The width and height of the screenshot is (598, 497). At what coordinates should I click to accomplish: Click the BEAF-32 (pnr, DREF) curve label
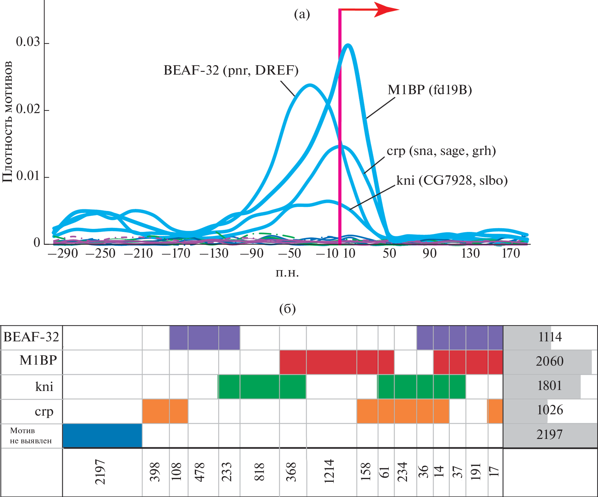pyautogui.click(x=231, y=70)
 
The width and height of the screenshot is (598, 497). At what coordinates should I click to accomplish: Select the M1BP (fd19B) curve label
pyautogui.click(x=430, y=90)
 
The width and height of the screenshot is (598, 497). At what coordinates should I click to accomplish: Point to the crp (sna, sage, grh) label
pyautogui.click(x=441, y=151)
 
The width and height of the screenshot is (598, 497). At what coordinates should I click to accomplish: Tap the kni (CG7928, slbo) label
pyautogui.click(x=452, y=180)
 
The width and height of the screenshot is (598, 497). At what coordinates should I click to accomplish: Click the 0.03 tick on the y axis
pyautogui.click(x=28, y=42)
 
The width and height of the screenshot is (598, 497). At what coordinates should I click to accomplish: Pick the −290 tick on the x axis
pyautogui.click(x=63, y=253)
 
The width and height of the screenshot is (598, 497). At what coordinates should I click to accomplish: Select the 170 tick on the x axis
pyautogui.click(x=511, y=253)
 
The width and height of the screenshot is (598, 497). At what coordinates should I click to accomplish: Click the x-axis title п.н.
pyautogui.click(x=287, y=272)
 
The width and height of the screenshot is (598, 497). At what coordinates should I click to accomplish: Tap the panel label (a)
pyautogui.click(x=302, y=14)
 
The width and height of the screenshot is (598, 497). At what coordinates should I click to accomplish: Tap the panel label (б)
pyautogui.click(x=287, y=309)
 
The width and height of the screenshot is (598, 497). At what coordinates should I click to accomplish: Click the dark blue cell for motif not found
pyautogui.click(x=102, y=436)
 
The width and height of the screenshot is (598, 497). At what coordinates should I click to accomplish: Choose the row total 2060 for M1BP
pyautogui.click(x=549, y=361)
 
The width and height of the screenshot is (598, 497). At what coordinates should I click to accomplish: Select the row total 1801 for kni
pyautogui.click(x=549, y=386)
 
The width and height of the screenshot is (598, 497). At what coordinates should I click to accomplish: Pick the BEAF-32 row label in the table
pyautogui.click(x=31, y=337)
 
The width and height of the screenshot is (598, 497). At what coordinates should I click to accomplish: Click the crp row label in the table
pyautogui.click(x=44, y=411)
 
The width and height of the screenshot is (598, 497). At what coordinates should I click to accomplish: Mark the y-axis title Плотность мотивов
pyautogui.click(x=7, y=122)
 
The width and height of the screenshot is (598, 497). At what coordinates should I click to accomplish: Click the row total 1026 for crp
pyautogui.click(x=549, y=410)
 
